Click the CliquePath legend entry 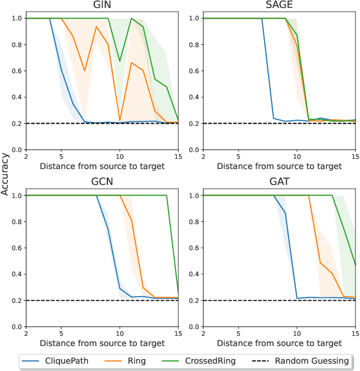coord(62,360)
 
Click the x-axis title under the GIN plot coord(102,166)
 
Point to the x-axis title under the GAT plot coord(279,343)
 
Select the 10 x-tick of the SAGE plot coord(296,155)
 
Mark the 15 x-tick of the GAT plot coord(355,332)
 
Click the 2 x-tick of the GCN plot coord(26,332)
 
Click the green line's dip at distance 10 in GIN coord(119,61)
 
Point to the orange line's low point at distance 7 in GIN coord(85,71)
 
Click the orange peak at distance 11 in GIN coord(131,62)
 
